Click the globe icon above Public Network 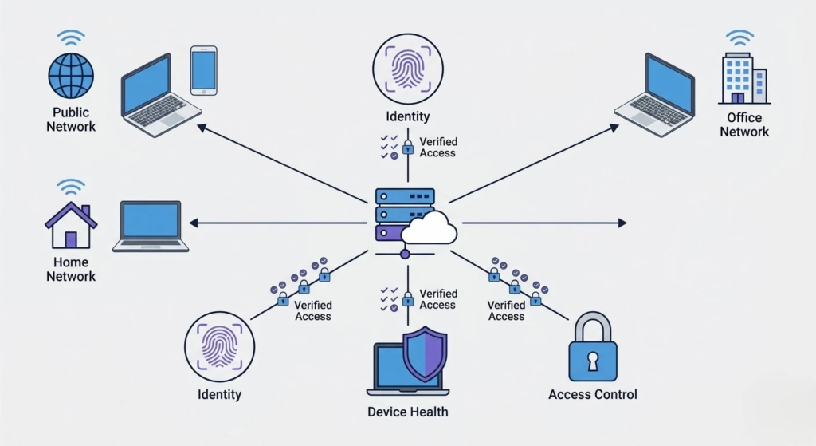point(71,76)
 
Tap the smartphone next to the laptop point(204,69)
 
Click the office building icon point(742,78)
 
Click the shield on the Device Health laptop point(425,353)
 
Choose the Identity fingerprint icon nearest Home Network point(219,346)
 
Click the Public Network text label point(71,120)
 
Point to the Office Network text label point(744,124)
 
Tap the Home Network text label point(71,270)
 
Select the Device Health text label point(407,412)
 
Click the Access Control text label point(593,394)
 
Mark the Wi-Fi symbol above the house point(71,187)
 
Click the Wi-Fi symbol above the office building point(740,37)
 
